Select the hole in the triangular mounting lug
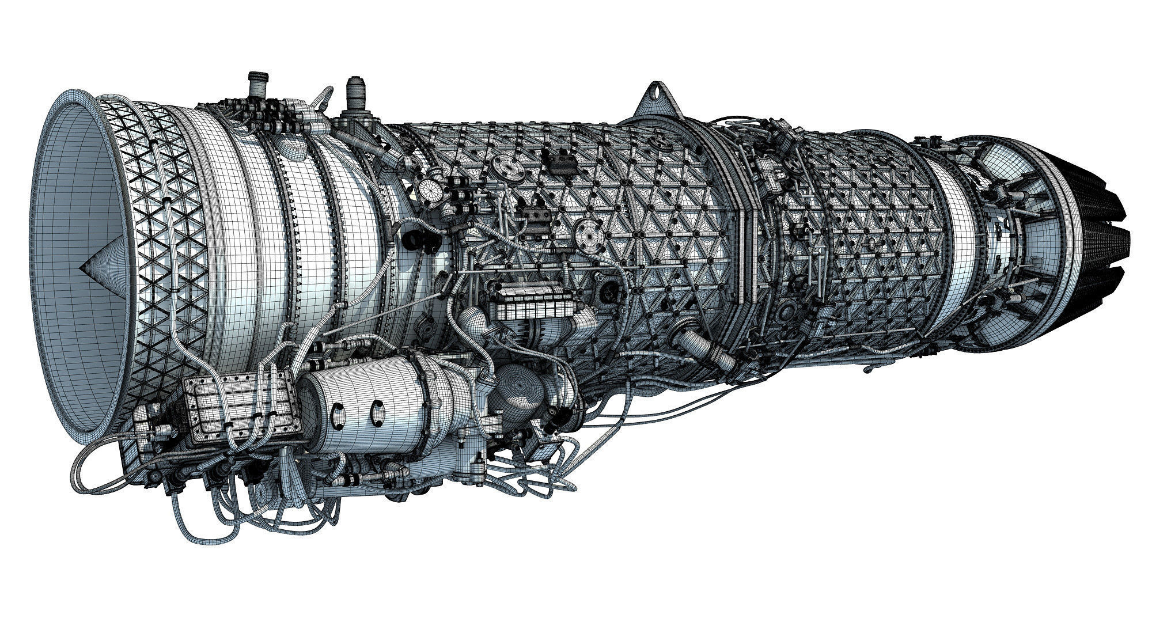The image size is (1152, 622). pos(657,92)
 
